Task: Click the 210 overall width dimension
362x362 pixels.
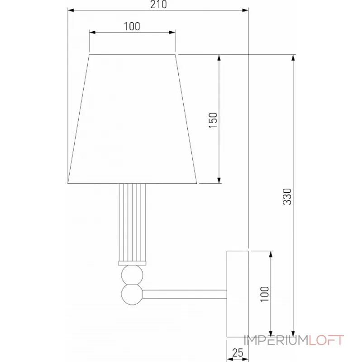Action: pos(158,5)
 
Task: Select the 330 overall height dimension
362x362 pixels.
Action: pos(286,195)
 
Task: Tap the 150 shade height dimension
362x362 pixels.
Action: pos(213,120)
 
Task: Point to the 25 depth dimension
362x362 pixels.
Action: pos(238,352)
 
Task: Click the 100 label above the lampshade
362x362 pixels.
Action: pos(132,26)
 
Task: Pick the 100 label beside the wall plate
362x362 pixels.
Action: pos(265,294)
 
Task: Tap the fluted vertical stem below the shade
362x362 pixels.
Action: pos(133,222)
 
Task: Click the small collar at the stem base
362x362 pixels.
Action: pos(133,263)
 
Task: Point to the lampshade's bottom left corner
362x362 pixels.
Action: pos(69,183)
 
